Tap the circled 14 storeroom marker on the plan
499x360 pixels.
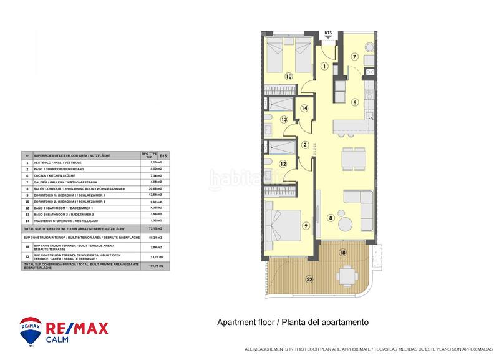point(304,108)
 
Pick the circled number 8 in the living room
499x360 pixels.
point(331,218)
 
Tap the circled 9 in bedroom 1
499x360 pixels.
point(306,225)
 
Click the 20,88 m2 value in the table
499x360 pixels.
point(148,188)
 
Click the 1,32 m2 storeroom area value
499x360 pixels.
point(148,221)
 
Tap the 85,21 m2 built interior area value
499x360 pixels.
point(148,238)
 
